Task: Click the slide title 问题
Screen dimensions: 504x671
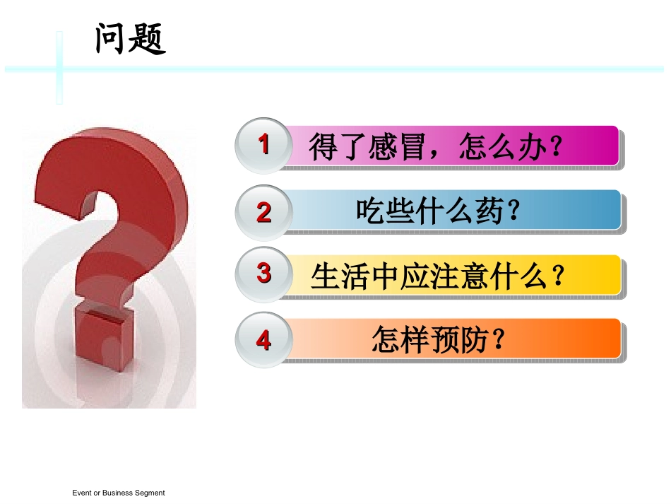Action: (131, 38)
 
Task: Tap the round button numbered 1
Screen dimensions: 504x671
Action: (263, 146)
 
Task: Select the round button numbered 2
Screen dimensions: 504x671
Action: (263, 211)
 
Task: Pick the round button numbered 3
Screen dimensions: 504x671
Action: (263, 274)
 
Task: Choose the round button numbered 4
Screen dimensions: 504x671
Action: (263, 340)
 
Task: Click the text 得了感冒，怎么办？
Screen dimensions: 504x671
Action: (439, 148)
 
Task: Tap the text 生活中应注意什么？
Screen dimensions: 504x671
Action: (439, 276)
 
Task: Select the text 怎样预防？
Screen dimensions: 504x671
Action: (439, 340)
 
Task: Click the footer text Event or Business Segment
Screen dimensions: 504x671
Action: (119, 493)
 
